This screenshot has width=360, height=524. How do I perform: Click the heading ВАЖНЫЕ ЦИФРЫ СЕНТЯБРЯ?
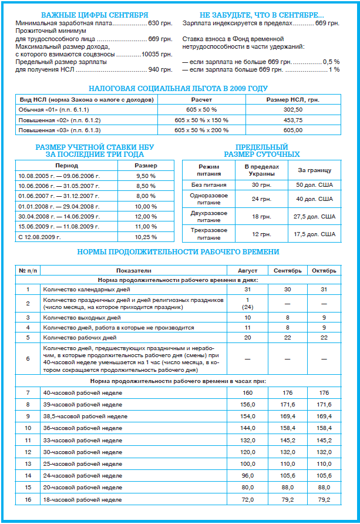(95, 14)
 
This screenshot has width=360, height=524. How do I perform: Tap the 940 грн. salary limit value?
(160, 70)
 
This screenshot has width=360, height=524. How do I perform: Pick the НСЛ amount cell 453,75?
(292, 120)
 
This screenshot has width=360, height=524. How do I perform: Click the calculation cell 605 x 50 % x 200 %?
(201, 130)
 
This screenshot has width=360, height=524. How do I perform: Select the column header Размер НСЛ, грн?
(292, 100)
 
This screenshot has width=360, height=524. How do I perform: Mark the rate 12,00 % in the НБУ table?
(146, 216)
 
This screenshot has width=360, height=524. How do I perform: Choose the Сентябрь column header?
(288, 271)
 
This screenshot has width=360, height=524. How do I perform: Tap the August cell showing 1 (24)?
(247, 303)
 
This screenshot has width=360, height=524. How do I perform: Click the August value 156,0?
(247, 405)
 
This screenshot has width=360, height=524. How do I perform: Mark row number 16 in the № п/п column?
(27, 499)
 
